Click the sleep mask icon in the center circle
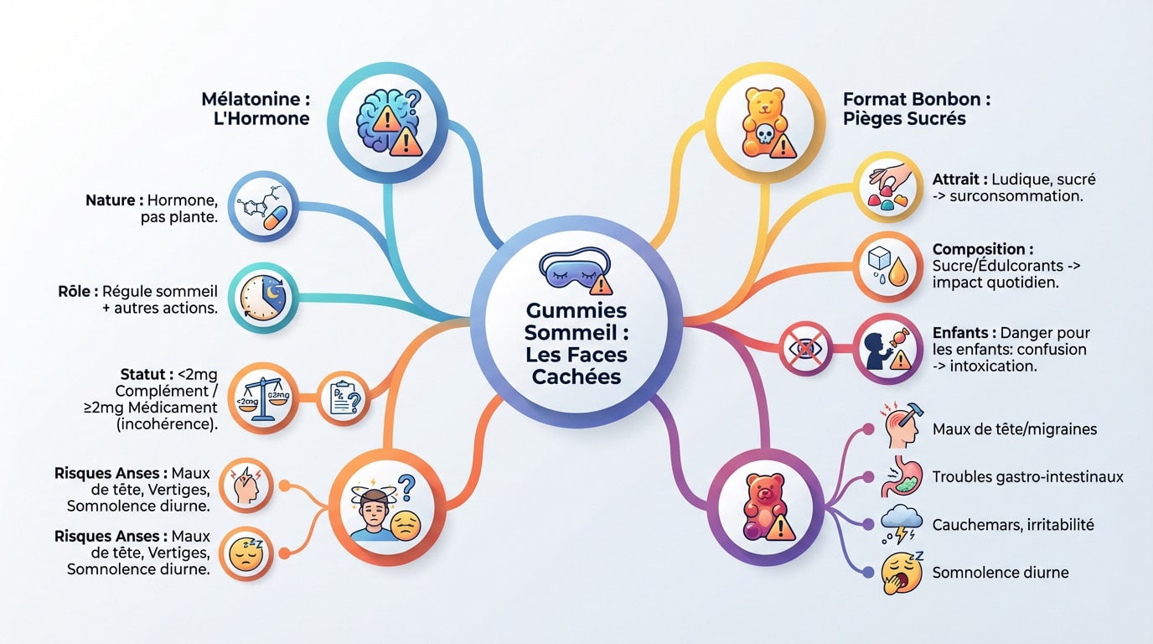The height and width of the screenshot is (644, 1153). [x=576, y=270]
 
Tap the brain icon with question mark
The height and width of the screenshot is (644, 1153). [x=389, y=122]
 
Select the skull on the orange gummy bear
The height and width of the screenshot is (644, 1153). [x=765, y=135]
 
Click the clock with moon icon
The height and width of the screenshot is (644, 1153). [x=263, y=299]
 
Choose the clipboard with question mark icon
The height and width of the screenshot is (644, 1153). [x=344, y=398]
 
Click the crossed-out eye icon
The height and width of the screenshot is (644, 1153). [x=805, y=349]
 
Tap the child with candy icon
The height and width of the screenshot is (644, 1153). [x=887, y=350]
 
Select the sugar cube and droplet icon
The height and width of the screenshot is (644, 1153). [x=887, y=267]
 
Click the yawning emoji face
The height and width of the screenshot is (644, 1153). [x=902, y=572]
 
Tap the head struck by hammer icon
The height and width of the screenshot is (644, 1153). [x=902, y=425]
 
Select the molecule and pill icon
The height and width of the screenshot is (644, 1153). [x=263, y=207]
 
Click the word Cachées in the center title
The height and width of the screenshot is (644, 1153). [x=576, y=377]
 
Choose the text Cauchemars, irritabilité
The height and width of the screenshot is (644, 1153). [x=1013, y=525]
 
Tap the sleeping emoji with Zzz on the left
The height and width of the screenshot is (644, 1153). [x=246, y=553]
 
